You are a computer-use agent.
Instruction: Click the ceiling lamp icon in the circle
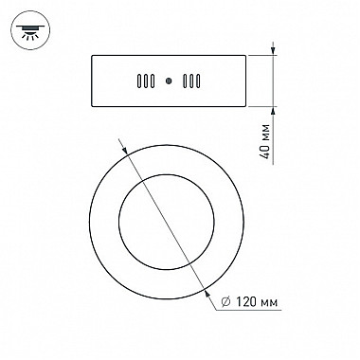click(30, 30)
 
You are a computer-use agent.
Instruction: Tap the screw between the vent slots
click(169, 81)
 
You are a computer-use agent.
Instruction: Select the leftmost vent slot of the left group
click(139, 81)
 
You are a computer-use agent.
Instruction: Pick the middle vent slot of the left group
click(146, 81)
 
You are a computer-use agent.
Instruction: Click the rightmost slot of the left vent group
click(153, 81)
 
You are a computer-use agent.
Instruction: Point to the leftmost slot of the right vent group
click(185, 81)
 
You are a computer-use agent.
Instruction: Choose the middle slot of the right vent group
click(191, 81)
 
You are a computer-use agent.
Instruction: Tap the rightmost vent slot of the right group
click(198, 81)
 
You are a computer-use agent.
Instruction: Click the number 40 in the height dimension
click(266, 152)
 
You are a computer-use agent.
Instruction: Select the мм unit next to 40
click(267, 133)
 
